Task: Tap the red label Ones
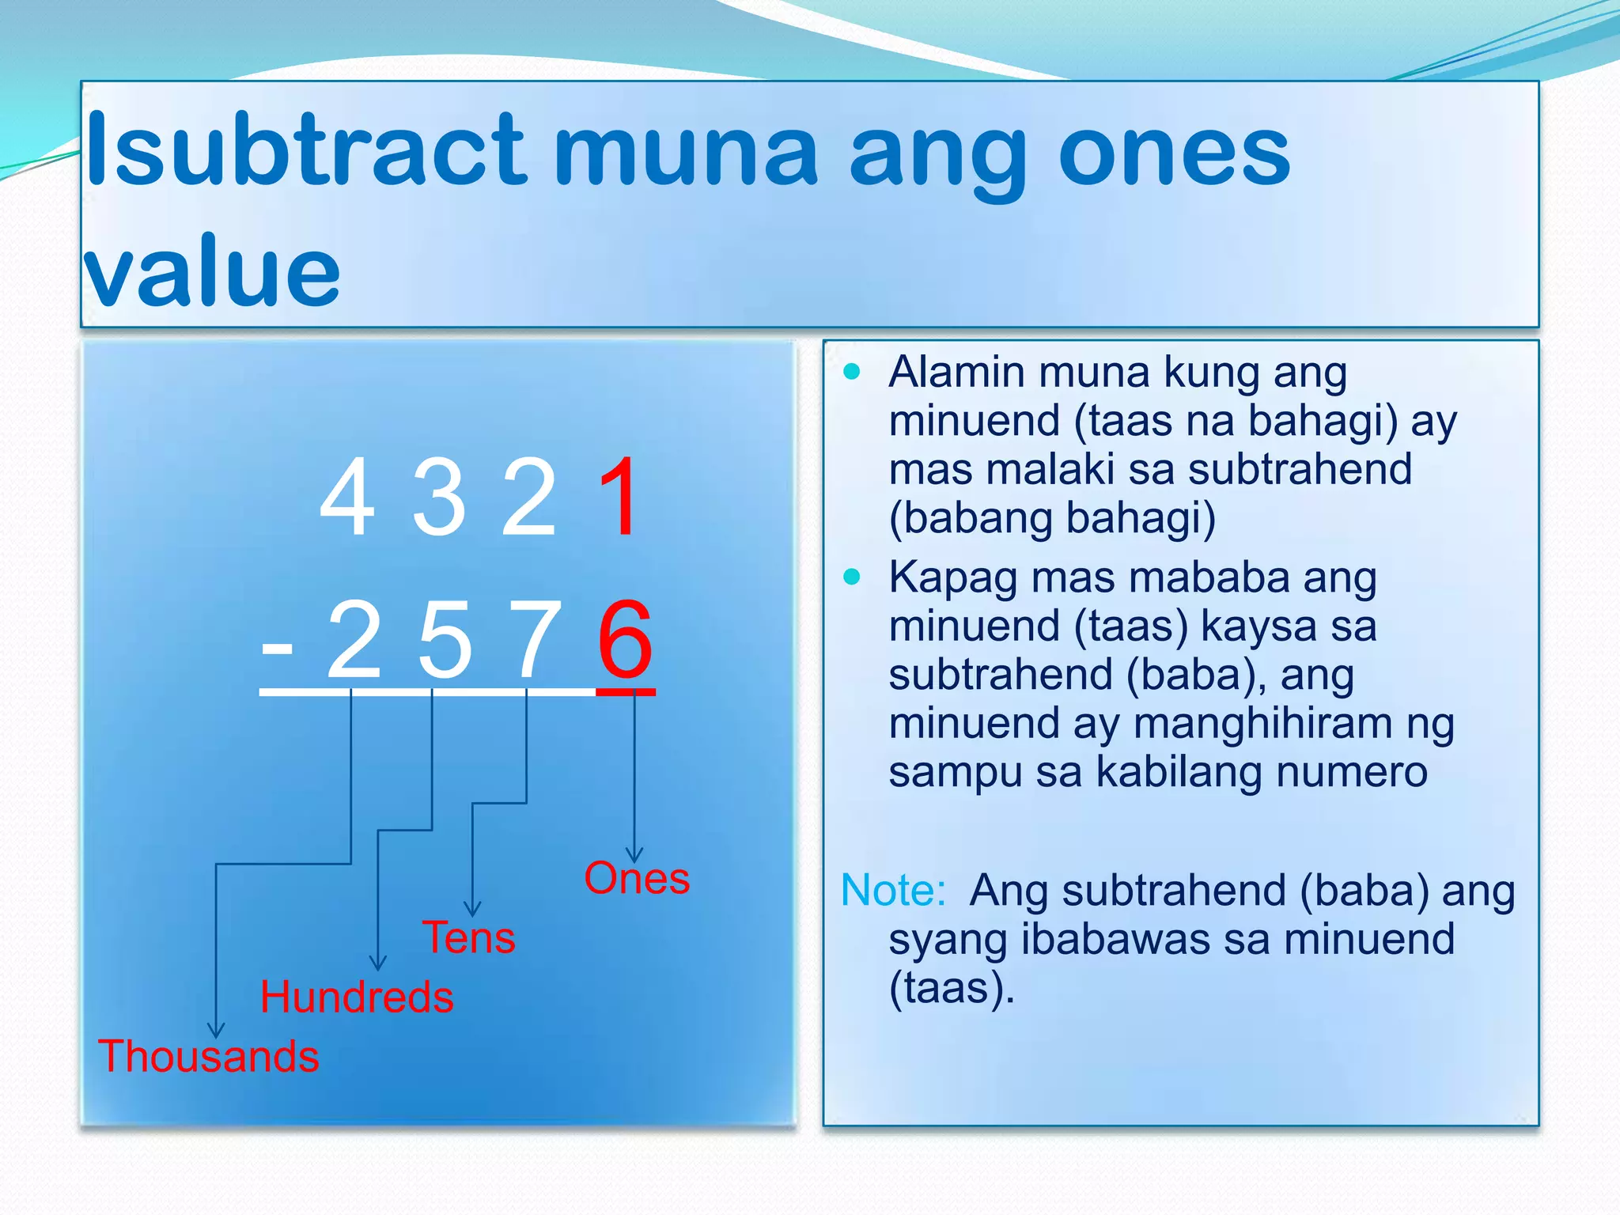[637, 878]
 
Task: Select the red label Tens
[469, 938]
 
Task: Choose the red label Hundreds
[357, 997]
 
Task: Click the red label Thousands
[209, 1056]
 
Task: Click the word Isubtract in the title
[305, 150]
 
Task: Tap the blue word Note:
[893, 891]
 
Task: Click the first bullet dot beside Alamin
[852, 372]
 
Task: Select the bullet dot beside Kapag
[852, 577]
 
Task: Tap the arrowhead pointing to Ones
[634, 855]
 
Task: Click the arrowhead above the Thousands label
[216, 1030]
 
